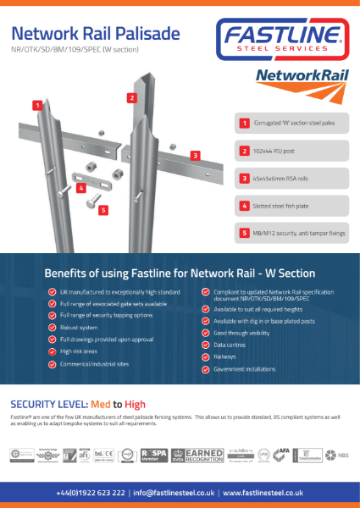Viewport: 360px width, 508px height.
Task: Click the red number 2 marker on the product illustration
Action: tap(132, 97)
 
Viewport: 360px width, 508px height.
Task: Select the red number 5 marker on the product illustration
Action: tap(102, 209)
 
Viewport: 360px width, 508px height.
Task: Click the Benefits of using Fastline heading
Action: tap(180, 273)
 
